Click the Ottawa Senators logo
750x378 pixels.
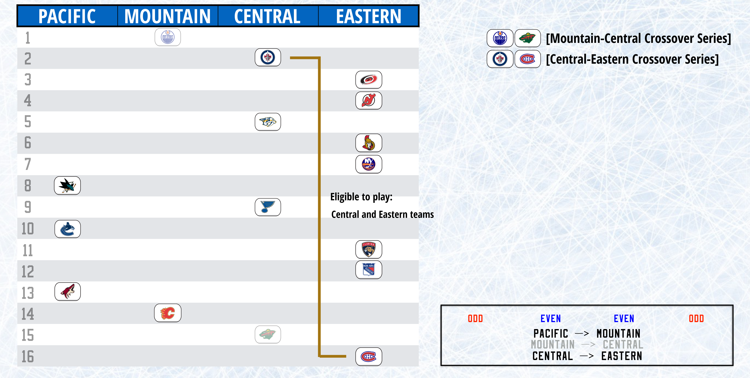(x=369, y=143)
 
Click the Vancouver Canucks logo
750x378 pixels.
(x=67, y=229)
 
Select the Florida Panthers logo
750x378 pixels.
(x=369, y=249)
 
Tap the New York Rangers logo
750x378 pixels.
(x=369, y=270)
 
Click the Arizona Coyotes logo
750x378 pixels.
(x=67, y=292)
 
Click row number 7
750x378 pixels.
(x=28, y=164)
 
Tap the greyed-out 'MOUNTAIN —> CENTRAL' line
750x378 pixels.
(x=587, y=345)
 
